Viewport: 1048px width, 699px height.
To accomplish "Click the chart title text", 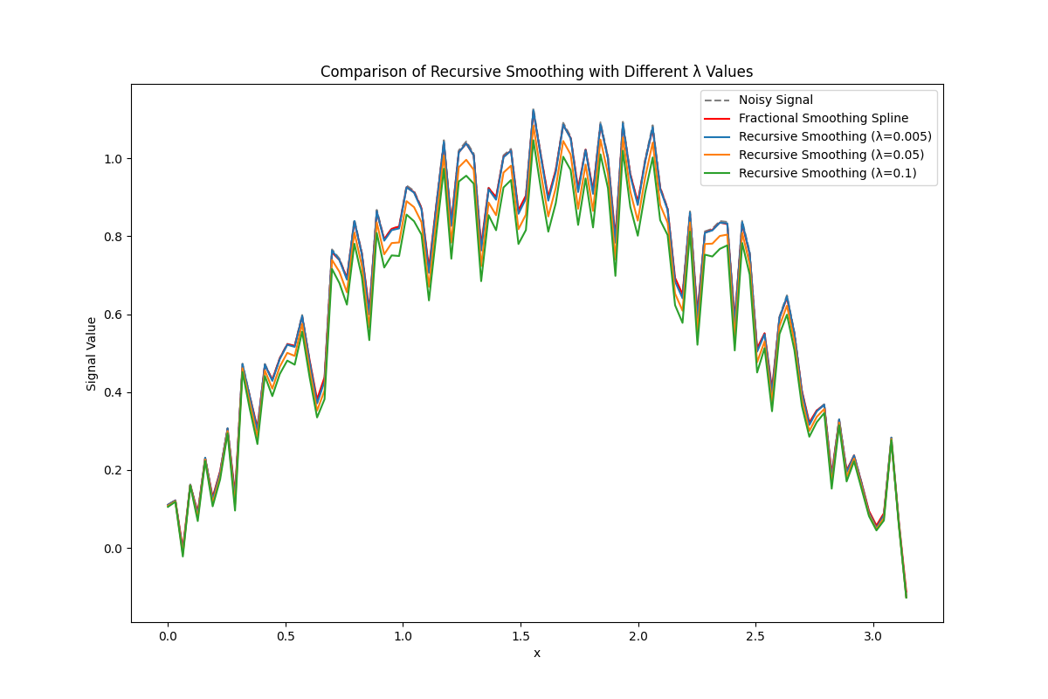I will pos(536,72).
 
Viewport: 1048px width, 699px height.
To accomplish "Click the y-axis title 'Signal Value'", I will pos(92,353).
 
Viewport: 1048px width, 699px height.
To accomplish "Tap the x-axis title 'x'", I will pos(536,653).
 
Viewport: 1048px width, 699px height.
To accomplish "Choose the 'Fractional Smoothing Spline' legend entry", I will pos(824,118).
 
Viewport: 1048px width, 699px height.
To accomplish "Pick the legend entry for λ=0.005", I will pos(835,136).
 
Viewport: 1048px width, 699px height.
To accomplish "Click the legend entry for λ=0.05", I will pos(831,155).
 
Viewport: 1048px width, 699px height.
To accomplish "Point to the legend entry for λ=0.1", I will pos(826,173).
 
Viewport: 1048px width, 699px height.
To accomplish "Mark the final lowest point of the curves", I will pos(906,597).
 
